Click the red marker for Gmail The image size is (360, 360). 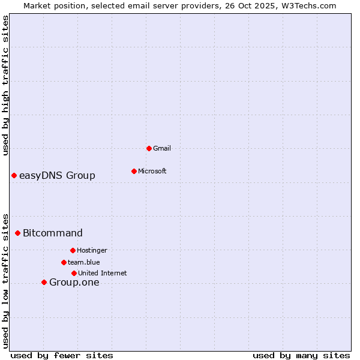[x=149, y=148]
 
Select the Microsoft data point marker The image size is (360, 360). [x=134, y=171]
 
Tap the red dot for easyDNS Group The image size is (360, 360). [x=14, y=175]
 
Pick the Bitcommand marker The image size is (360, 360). [x=17, y=233]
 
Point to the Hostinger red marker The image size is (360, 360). [x=73, y=250]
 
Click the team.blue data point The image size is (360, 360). [x=64, y=262]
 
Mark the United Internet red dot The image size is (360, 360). [x=74, y=273]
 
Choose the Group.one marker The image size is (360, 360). [x=44, y=282]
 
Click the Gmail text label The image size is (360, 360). [x=162, y=148]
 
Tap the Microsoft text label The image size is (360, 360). [x=152, y=171]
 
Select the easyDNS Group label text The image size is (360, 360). [x=57, y=175]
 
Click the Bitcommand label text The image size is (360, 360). [x=53, y=233]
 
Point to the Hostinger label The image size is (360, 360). [x=92, y=250]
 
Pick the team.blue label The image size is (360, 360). [x=84, y=262]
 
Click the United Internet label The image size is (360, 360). [x=103, y=273]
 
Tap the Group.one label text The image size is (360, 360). [x=74, y=282]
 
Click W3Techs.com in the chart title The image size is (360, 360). [x=307, y=5]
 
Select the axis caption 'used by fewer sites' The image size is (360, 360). [x=62, y=355]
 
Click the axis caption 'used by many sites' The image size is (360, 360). [x=301, y=355]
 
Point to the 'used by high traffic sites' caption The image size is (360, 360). [x=5, y=85]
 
